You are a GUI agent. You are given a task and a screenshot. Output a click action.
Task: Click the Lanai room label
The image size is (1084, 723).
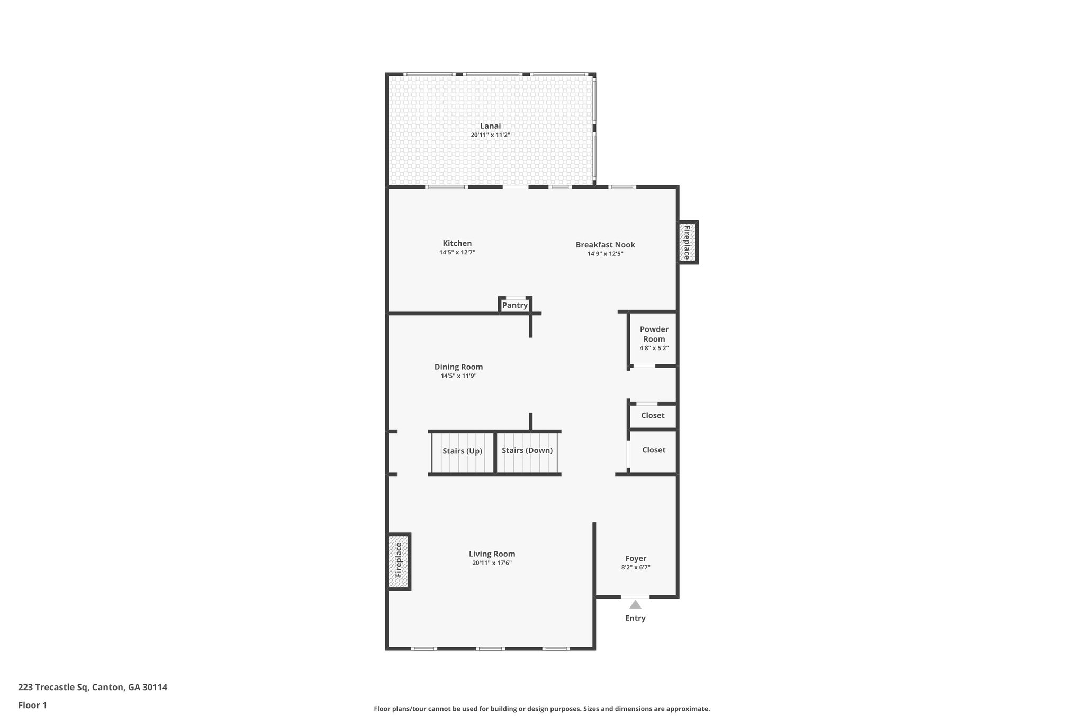point(490,126)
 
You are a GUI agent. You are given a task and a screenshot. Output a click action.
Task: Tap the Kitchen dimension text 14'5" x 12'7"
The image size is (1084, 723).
point(457,253)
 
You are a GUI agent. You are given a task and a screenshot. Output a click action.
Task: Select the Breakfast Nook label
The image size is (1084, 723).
point(605,245)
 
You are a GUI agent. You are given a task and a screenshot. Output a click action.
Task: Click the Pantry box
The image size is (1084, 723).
point(514,306)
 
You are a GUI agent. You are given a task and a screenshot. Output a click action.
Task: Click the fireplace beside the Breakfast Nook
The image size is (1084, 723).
point(687,242)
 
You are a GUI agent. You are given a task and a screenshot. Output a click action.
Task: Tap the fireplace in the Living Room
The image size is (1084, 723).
point(399,560)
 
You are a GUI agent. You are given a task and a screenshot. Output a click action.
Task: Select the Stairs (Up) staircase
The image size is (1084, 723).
point(462,452)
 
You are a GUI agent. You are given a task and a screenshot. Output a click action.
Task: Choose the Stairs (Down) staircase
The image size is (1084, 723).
point(527,451)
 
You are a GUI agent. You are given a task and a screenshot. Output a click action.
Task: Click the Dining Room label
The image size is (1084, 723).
point(458,367)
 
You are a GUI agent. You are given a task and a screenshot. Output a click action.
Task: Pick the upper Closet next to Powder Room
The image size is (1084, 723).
point(652,416)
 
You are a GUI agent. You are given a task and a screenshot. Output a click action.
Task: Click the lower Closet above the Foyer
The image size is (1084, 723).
point(653,450)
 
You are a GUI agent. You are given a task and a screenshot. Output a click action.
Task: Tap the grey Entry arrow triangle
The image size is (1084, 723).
point(635,604)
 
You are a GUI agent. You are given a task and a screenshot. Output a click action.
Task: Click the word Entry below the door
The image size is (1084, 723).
point(635,618)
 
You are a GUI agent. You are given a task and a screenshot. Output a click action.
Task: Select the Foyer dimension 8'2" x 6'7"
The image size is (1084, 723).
point(636,567)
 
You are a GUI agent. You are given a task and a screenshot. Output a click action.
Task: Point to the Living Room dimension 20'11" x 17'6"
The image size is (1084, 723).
point(492,563)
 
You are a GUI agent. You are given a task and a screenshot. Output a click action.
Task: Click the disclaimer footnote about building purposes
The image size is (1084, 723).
point(541,709)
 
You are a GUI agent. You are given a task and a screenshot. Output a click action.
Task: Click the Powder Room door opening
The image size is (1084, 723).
point(644,366)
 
